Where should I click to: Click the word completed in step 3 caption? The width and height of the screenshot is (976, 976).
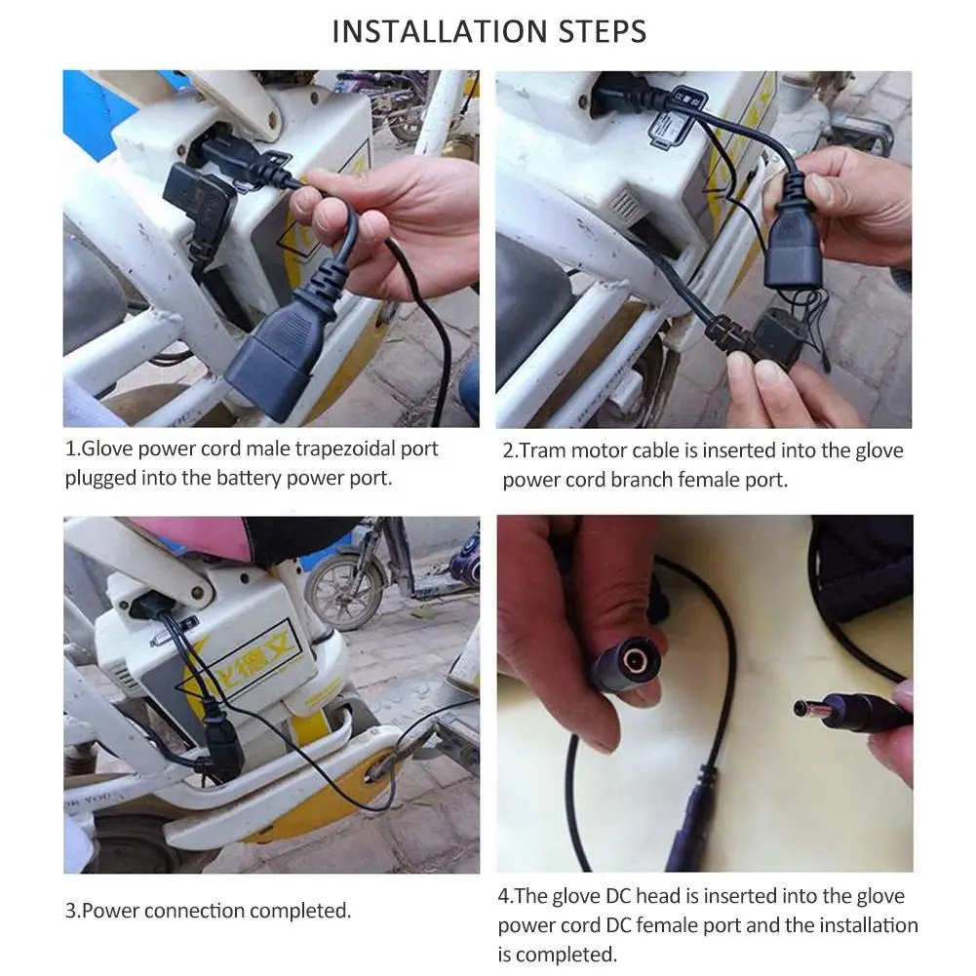300,911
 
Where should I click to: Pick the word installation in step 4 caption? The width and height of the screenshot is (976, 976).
869,925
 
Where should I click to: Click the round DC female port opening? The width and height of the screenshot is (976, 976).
636,660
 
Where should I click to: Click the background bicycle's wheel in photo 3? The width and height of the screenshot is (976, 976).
344,593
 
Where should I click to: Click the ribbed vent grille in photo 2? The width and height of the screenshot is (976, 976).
625,204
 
